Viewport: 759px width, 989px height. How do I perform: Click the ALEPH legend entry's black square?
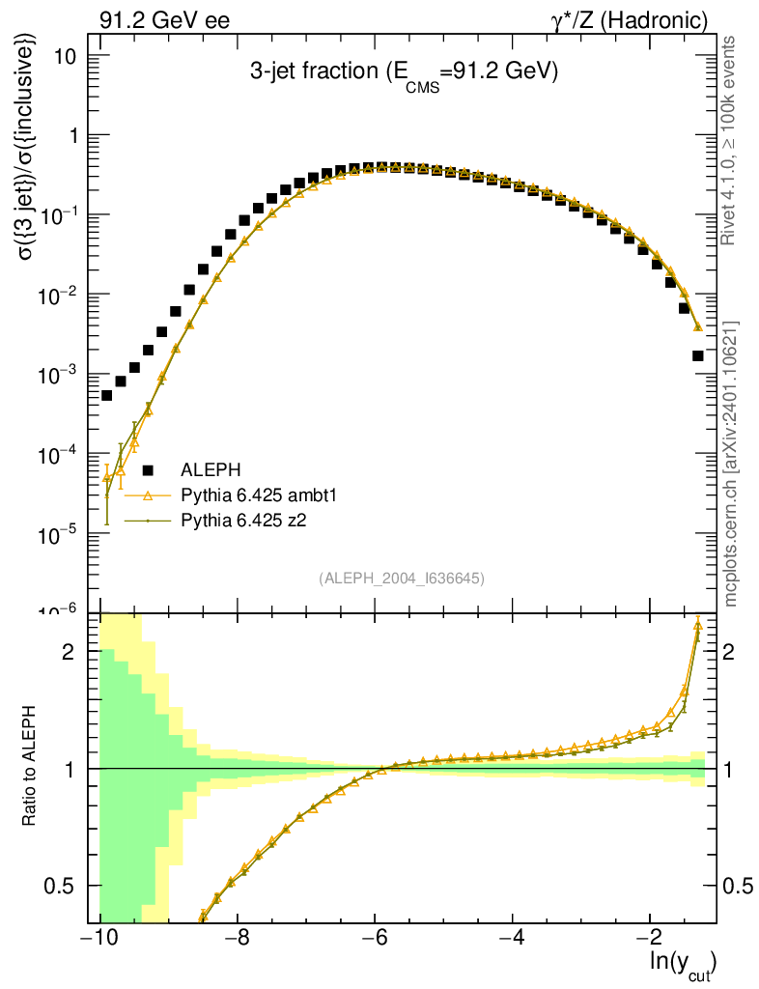pyautogui.click(x=148, y=471)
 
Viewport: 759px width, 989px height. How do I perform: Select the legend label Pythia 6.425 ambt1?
pyautogui.click(x=253, y=495)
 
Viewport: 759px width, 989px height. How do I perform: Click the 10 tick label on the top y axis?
pyautogui.click(x=67, y=56)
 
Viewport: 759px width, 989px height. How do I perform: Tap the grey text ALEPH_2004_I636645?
pyautogui.click(x=401, y=578)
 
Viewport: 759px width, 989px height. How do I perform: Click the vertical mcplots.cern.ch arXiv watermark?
pyautogui.click(x=731, y=464)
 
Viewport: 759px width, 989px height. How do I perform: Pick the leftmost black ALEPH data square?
pyautogui.click(x=106, y=395)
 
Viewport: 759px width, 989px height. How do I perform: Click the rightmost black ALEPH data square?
pyautogui.click(x=697, y=355)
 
